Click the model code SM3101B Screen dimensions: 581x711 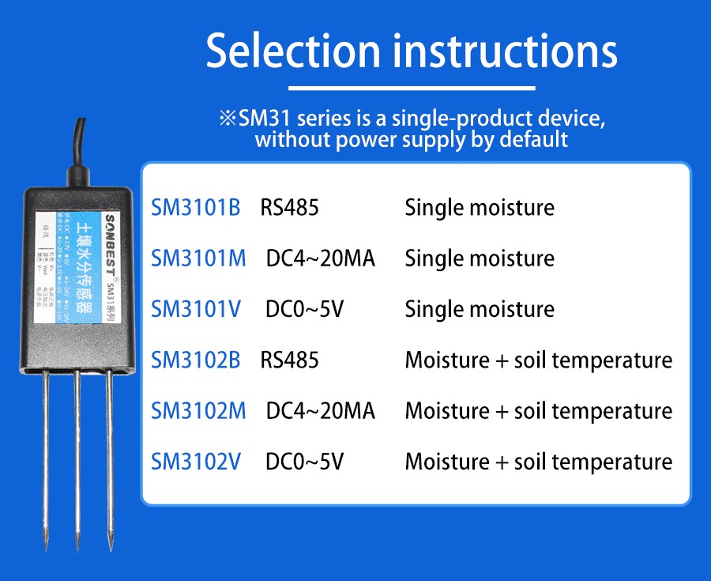click(x=195, y=208)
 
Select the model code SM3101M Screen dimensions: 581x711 click(x=198, y=258)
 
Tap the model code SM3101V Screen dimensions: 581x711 click(x=196, y=309)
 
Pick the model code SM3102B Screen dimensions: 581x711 click(x=195, y=360)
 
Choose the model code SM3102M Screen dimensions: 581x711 click(x=198, y=411)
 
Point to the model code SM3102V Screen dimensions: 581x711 click(x=196, y=462)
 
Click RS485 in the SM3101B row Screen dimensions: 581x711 click(x=290, y=208)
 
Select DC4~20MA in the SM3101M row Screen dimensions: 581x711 click(x=321, y=258)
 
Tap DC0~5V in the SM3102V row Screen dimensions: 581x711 click(x=305, y=462)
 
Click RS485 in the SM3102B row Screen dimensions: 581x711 click(x=290, y=360)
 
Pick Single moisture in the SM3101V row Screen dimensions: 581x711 click(x=480, y=309)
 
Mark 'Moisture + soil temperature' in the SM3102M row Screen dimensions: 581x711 click(x=538, y=411)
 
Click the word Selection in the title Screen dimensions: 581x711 click(x=293, y=50)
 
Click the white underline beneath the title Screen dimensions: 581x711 click(x=412, y=88)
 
